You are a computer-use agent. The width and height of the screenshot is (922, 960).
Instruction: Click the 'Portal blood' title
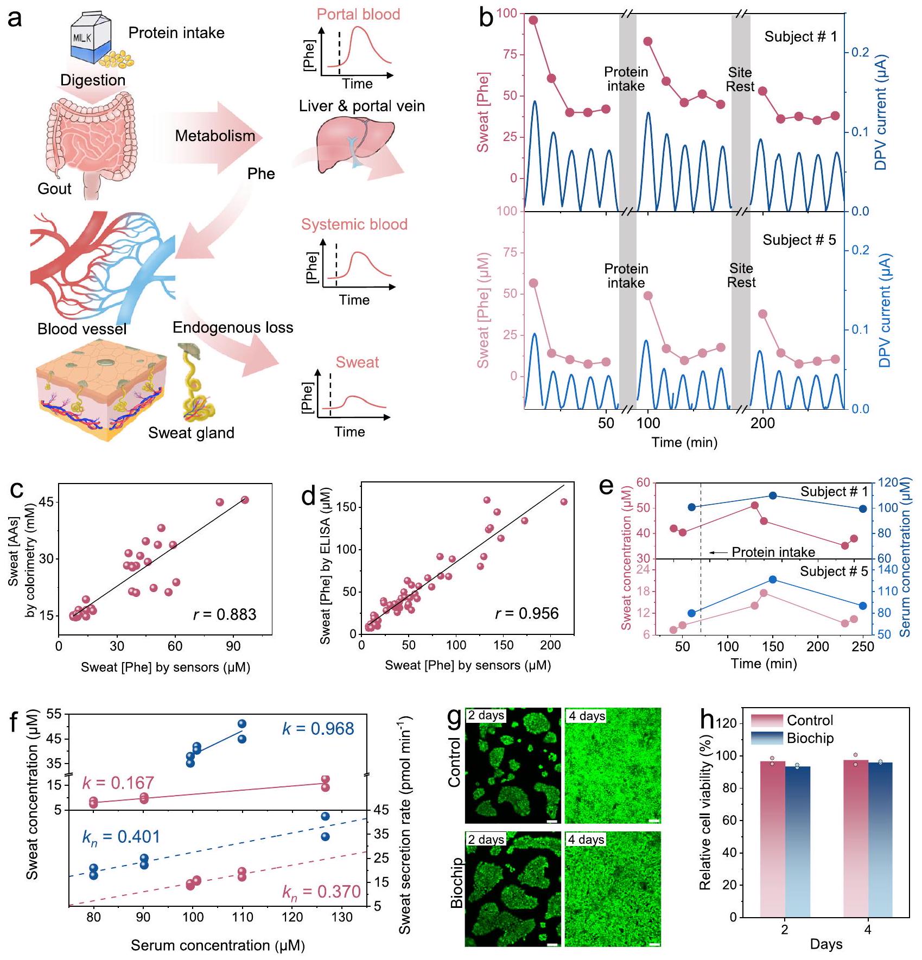pyautogui.click(x=358, y=14)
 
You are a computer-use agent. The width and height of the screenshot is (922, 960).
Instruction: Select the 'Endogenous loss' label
pyautogui.click(x=233, y=328)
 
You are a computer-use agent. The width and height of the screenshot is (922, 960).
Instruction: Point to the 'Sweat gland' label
pyautogui.click(x=191, y=433)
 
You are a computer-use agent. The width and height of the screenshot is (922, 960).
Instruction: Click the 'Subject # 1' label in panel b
pyautogui.click(x=800, y=37)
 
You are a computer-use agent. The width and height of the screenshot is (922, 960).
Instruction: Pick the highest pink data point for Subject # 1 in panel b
pyautogui.click(x=533, y=20)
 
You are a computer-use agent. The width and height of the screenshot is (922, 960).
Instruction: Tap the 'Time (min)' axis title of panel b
pyautogui.click(x=684, y=442)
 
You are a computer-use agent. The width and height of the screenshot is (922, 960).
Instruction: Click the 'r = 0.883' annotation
pyautogui.click(x=225, y=614)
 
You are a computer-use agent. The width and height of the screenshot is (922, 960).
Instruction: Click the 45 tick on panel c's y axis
pyautogui.click(x=46, y=502)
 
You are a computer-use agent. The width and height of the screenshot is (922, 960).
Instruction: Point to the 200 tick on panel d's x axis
pyautogui.click(x=550, y=645)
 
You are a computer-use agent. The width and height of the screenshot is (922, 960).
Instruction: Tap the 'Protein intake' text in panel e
pyautogui.click(x=773, y=552)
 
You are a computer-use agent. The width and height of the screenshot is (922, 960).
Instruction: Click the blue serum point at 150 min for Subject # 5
pyautogui.click(x=773, y=580)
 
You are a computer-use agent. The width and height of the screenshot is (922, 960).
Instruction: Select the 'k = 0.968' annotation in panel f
pyautogui.click(x=318, y=729)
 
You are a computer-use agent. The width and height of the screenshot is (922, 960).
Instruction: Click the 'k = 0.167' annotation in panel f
pyautogui.click(x=118, y=783)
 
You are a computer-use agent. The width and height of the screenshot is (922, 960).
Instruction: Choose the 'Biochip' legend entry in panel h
pyautogui.click(x=810, y=739)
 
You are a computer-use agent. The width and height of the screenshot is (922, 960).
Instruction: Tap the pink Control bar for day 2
pyautogui.click(x=772, y=839)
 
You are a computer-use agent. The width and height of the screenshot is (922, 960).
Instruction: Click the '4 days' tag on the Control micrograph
pyautogui.click(x=586, y=716)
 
